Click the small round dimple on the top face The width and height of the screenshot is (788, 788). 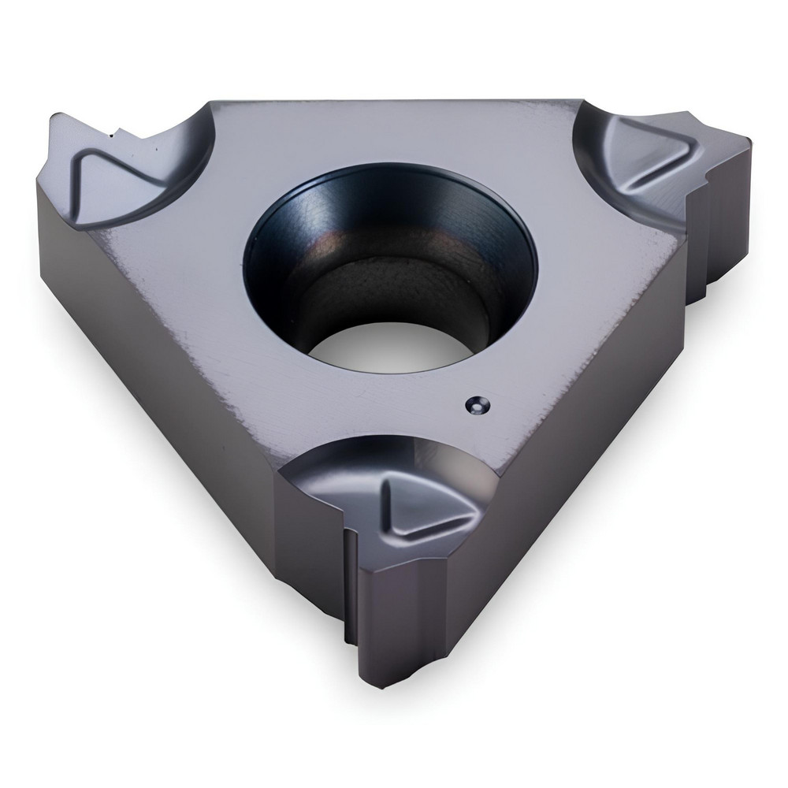pos(474,403)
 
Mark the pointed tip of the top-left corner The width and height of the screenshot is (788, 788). pos(51,118)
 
